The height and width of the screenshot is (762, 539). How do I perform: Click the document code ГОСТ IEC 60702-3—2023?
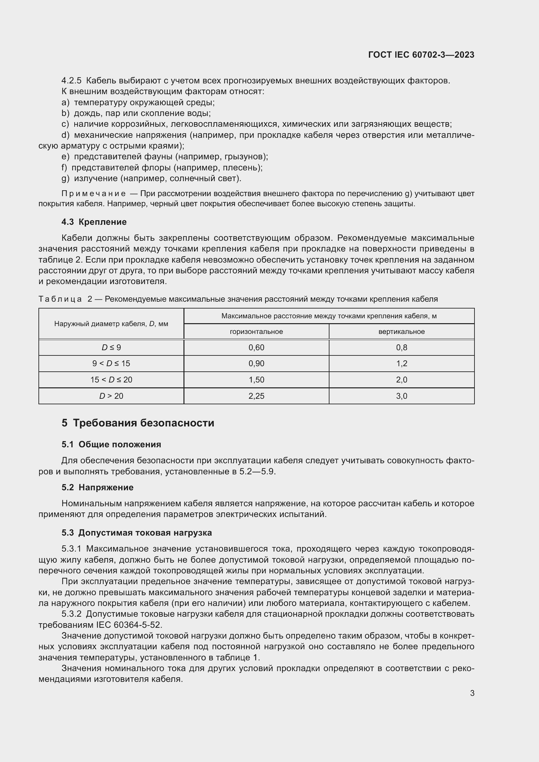421,55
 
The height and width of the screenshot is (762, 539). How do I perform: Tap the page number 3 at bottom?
472,693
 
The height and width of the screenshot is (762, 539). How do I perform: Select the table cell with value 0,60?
256,348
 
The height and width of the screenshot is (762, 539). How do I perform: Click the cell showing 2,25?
256,396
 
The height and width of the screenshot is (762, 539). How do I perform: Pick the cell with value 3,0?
401,396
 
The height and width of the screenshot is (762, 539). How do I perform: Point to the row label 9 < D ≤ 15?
111,364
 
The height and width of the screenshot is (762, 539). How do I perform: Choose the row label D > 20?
111,396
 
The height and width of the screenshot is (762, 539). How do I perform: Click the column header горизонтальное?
256,332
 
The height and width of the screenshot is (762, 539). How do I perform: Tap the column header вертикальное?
401,332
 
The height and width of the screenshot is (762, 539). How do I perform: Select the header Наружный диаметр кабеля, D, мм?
111,323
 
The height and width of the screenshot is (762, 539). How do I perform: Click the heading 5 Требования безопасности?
138,423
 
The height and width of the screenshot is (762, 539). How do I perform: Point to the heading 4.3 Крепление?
94,222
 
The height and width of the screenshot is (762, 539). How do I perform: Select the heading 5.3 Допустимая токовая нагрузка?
137,533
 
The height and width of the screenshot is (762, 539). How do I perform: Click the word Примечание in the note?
94,194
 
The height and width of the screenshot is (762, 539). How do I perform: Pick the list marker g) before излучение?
65,179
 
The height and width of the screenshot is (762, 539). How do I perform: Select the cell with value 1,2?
401,364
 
